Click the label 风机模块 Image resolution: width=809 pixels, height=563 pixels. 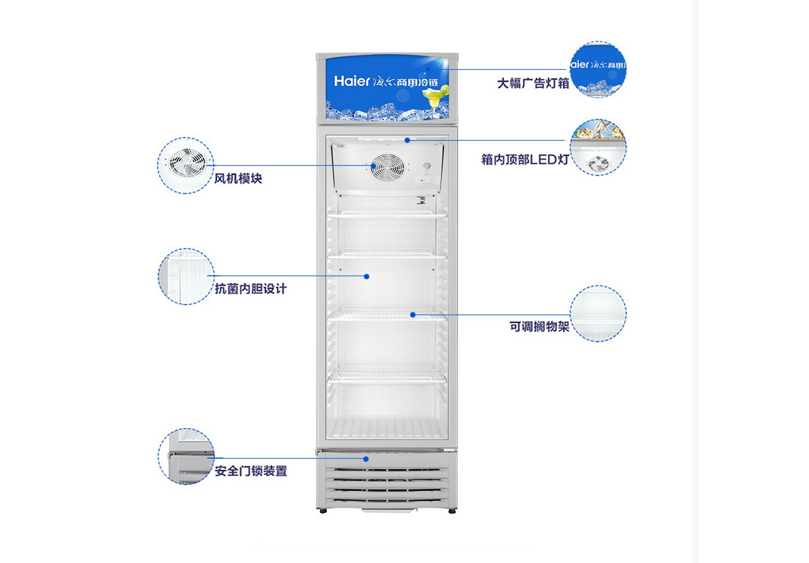click(x=238, y=178)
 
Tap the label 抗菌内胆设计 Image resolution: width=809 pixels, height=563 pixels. click(x=250, y=289)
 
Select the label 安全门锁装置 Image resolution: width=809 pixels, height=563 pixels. click(x=250, y=471)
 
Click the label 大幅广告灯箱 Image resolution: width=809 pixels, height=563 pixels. click(x=533, y=83)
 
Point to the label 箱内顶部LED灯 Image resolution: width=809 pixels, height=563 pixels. click(x=525, y=159)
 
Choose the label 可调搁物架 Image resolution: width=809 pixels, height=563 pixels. click(x=539, y=327)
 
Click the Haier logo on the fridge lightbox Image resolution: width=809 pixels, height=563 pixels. click(x=351, y=81)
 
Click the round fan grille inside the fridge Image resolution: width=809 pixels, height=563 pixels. click(x=388, y=167)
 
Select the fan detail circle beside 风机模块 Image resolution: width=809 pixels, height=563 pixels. click(x=186, y=165)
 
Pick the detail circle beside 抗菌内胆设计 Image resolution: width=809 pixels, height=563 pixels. click(x=186, y=277)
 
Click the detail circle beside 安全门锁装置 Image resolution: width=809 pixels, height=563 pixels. click(x=186, y=456)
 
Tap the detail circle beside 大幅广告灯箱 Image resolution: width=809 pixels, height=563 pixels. click(x=598, y=69)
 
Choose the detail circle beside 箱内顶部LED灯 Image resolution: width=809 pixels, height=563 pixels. click(x=598, y=147)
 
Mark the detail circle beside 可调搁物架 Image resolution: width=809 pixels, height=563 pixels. click(x=598, y=313)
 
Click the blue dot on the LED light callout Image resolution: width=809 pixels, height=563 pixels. click(x=408, y=140)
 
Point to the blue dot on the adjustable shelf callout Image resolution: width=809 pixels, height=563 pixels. click(x=413, y=315)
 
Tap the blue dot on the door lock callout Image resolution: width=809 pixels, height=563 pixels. click(x=366, y=459)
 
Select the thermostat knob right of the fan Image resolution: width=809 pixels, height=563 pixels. click(x=427, y=166)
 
